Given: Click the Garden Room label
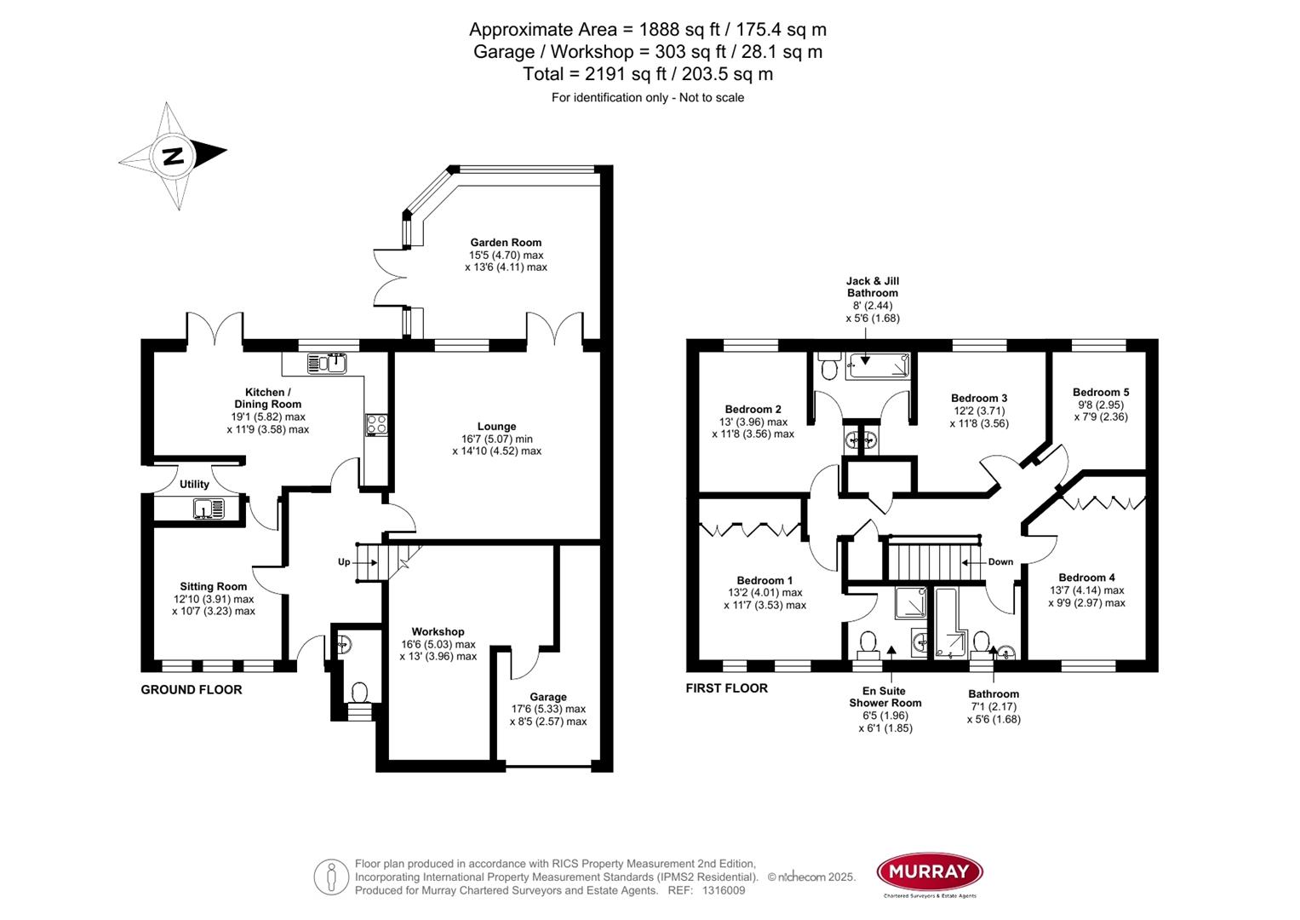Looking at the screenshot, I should tap(506, 243).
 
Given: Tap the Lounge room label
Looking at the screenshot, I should tap(496, 427).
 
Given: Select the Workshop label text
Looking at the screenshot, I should tap(438, 631).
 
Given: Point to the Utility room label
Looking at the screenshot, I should tap(194, 485).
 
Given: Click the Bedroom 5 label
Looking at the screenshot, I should tap(1101, 393).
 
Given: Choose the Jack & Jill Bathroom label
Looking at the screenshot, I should tap(872, 287).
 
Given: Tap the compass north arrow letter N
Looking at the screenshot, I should tap(174, 156).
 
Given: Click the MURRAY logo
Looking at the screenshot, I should tap(930, 871).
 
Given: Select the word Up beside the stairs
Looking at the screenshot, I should tap(344, 562).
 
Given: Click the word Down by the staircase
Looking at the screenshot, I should tap(1000, 562).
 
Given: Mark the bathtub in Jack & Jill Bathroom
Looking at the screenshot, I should tap(877, 365).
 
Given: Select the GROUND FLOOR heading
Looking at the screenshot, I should tap(191, 690).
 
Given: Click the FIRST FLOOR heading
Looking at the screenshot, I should tap(726, 688).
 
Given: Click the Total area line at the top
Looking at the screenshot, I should tap(648, 74).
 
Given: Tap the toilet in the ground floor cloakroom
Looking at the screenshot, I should tap(358, 692).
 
